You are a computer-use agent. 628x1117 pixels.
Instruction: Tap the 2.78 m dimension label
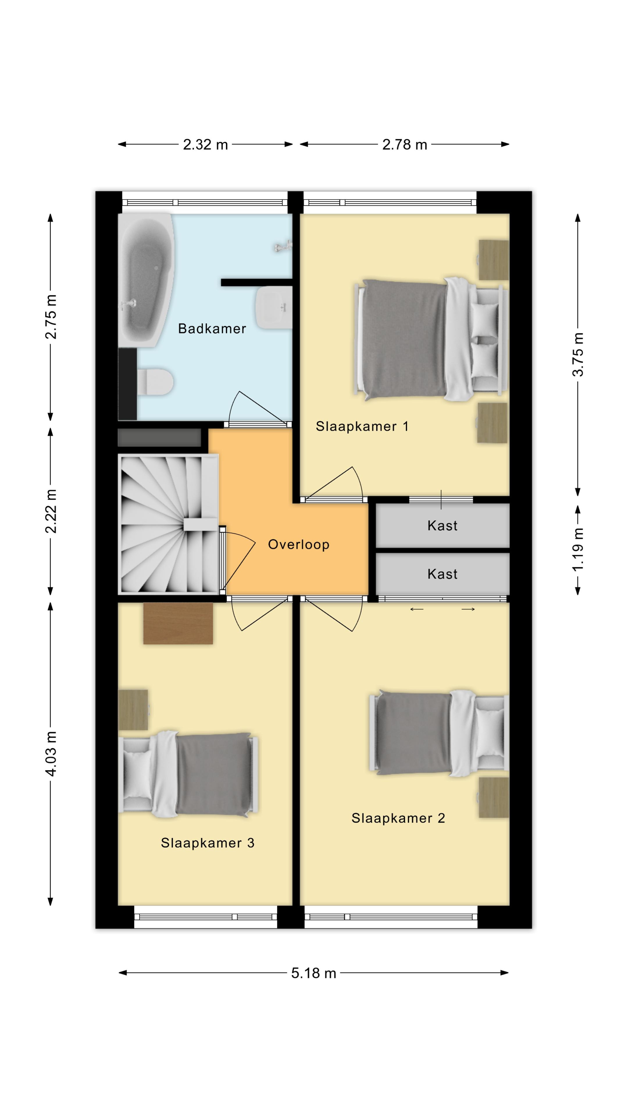(x=404, y=144)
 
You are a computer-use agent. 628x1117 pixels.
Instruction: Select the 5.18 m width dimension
(x=313, y=973)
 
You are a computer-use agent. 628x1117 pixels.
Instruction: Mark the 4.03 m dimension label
(x=51, y=754)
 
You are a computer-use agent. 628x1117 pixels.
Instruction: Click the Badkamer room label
(x=212, y=329)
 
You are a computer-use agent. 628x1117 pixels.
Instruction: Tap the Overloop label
(x=299, y=544)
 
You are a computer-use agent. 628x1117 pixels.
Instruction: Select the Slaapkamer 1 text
(x=362, y=426)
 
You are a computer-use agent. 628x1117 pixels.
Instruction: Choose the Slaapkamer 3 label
(x=207, y=842)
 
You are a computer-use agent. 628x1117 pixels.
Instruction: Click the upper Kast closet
(x=443, y=526)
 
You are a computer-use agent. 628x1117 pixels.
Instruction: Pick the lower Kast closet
(x=443, y=574)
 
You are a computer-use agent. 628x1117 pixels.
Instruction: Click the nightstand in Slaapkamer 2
(x=494, y=797)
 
